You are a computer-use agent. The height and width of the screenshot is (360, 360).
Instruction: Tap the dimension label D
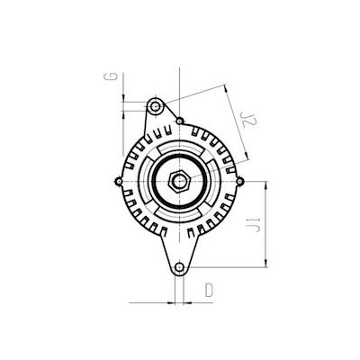coord(209,290)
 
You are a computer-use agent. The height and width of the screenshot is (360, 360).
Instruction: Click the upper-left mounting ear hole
coord(157,107)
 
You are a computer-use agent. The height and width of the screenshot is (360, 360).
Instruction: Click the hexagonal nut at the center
coord(179,180)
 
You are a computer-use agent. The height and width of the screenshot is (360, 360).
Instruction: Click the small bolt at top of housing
coord(180,120)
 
